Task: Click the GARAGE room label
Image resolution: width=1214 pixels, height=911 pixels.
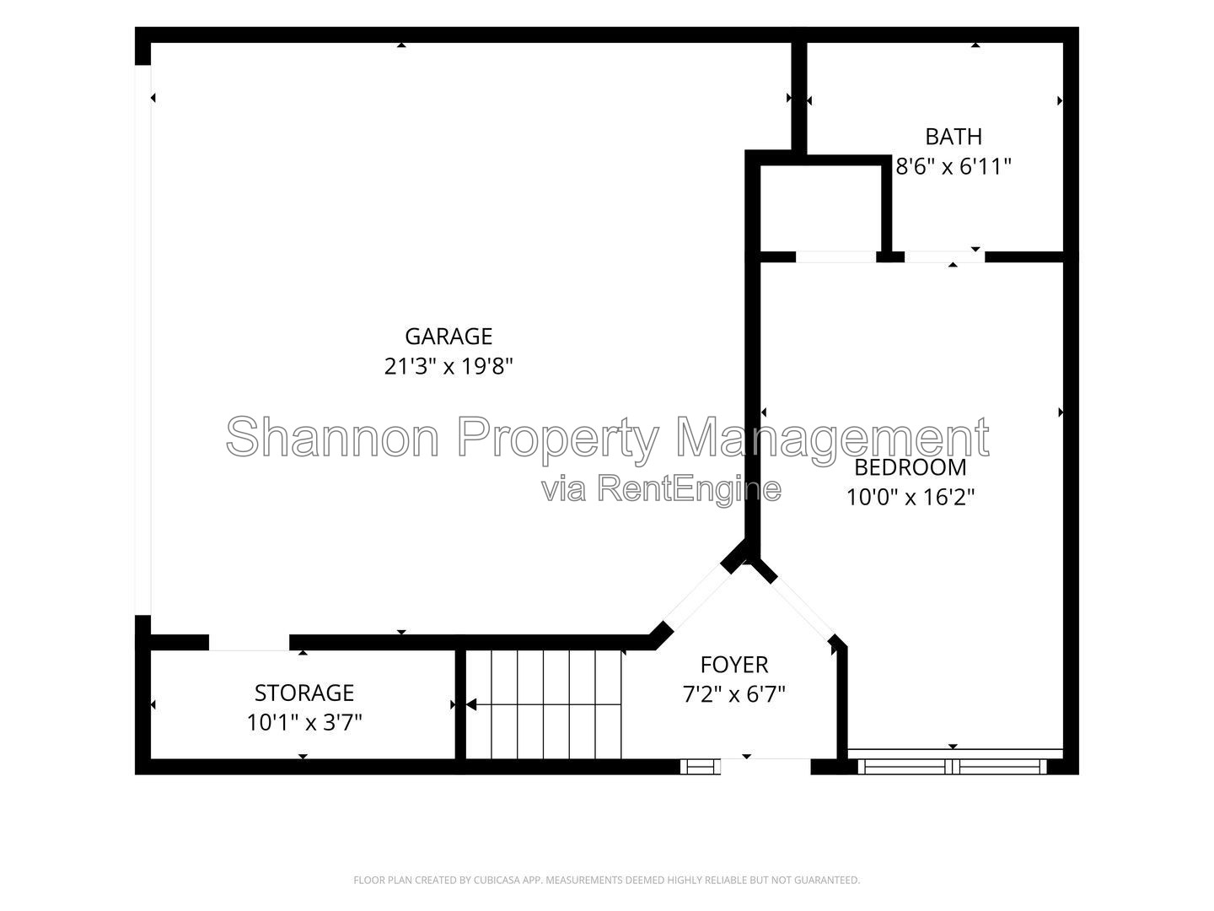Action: click(x=449, y=337)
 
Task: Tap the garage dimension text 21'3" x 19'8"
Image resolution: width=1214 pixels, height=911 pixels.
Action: click(x=449, y=366)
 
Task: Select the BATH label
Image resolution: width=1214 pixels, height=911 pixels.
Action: click(x=953, y=137)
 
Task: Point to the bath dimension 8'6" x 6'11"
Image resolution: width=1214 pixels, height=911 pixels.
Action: click(x=953, y=166)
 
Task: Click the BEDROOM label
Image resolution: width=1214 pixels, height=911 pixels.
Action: click(x=910, y=468)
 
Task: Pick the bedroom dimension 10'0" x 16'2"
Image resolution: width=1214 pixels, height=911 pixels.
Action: click(x=910, y=498)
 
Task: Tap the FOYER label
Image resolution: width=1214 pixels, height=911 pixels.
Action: click(x=734, y=665)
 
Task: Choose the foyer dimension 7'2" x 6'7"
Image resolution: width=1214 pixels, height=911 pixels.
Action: click(x=734, y=694)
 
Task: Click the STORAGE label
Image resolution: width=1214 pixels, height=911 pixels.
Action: click(x=304, y=693)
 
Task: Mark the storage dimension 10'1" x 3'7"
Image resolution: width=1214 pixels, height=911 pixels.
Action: click(x=304, y=723)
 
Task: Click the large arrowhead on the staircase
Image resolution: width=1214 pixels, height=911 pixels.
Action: click(x=471, y=704)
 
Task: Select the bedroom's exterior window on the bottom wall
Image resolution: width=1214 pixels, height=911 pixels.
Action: click(x=952, y=766)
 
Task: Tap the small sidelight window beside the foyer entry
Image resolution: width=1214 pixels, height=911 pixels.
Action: click(x=701, y=767)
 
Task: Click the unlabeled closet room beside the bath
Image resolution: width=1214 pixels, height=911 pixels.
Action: click(x=820, y=208)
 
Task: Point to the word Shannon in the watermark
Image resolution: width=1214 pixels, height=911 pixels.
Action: click(x=332, y=437)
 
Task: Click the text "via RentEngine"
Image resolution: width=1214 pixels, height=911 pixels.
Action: click(x=661, y=489)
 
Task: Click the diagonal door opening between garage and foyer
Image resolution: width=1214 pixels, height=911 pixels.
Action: click(x=697, y=597)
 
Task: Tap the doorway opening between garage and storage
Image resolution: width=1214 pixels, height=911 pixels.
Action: click(x=249, y=642)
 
